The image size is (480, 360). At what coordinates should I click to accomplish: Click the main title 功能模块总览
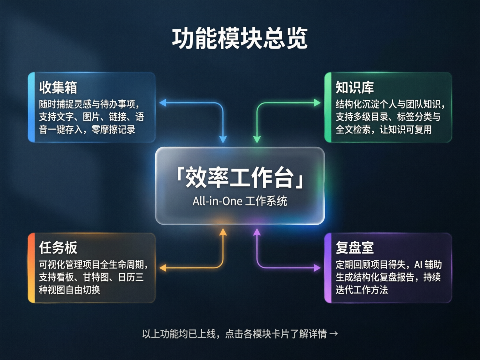pos(240,38)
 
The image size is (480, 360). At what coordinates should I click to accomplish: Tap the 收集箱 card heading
pos(58,87)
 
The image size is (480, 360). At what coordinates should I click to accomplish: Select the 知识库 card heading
pos(354,87)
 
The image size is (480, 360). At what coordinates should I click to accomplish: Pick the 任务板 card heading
pos(58,247)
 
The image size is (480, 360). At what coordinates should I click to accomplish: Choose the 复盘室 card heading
pos(354,247)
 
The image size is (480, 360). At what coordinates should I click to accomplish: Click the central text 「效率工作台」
pos(240,178)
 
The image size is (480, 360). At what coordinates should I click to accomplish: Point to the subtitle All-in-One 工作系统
pos(240,201)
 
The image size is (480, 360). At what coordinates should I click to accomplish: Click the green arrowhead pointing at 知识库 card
pos(317,103)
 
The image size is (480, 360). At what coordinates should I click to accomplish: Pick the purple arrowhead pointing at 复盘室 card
pos(317,268)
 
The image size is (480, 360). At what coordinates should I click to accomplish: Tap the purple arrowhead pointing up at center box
pos(257,232)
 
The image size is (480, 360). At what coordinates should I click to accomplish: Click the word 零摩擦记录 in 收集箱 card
pos(113,129)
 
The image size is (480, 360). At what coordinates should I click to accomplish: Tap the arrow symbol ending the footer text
pos(334,334)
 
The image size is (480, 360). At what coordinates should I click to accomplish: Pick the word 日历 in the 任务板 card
pos(127,277)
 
